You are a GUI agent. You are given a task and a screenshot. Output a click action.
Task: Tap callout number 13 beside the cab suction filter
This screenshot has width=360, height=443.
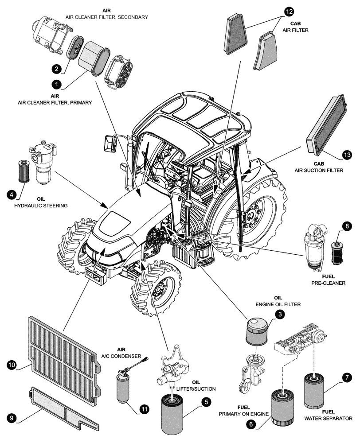[347, 155]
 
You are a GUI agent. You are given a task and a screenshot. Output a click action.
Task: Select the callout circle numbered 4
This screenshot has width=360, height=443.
[11, 194]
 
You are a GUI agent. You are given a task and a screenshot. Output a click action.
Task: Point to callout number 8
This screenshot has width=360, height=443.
[347, 226]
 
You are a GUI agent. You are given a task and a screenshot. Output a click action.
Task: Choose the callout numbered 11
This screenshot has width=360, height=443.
[144, 409]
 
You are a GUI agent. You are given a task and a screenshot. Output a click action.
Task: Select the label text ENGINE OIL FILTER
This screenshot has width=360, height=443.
[278, 304]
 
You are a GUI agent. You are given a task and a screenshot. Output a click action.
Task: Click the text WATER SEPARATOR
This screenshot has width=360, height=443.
[328, 418]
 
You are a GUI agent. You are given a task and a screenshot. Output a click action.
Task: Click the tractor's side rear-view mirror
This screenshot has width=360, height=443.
[109, 144]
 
